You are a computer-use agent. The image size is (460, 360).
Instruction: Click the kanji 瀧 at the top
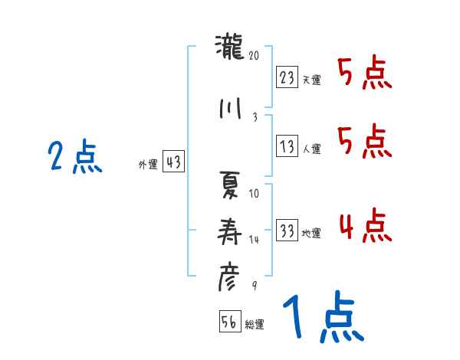229,51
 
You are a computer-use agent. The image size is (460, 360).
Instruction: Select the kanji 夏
229,186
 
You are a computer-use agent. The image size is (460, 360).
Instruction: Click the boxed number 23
287,77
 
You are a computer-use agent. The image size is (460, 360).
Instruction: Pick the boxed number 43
172,162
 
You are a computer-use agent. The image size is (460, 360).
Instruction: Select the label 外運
148,164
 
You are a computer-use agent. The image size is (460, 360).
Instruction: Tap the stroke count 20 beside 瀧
255,56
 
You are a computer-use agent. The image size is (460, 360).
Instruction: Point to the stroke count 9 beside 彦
254,286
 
